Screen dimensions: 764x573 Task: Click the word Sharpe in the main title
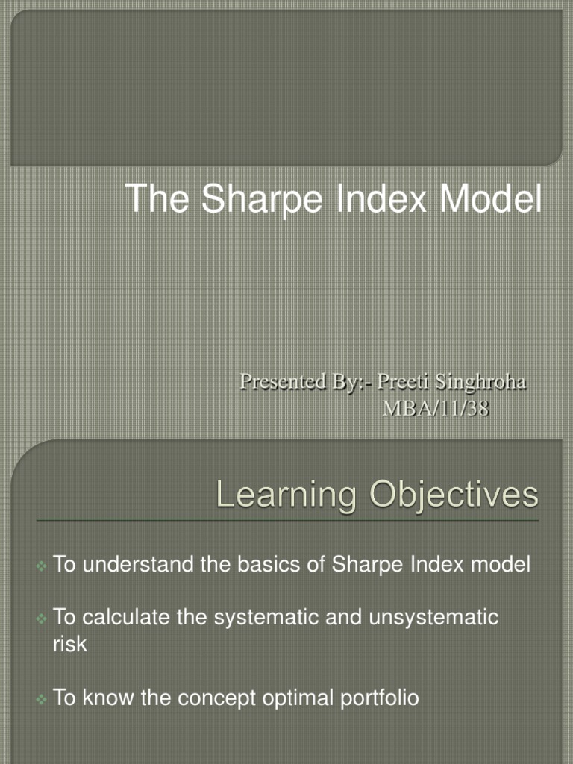coord(241,199)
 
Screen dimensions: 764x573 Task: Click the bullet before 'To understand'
coord(42,566)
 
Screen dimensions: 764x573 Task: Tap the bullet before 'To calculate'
coord(42,619)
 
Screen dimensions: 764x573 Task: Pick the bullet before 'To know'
coord(42,699)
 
